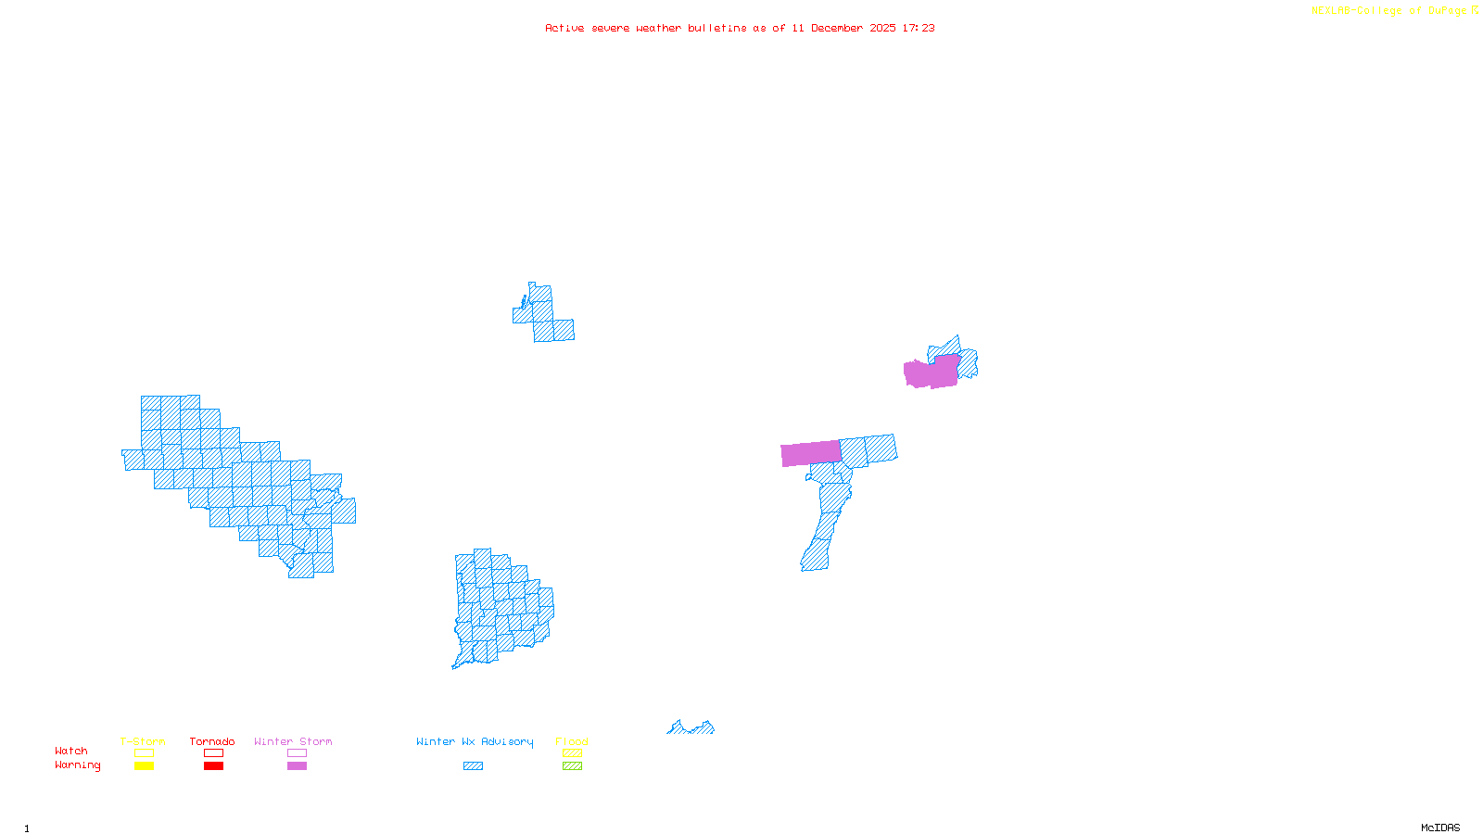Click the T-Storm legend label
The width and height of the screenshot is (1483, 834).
(x=143, y=741)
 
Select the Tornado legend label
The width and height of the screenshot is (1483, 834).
(x=212, y=741)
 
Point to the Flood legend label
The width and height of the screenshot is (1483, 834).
(x=572, y=741)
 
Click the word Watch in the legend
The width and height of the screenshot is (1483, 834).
(x=71, y=751)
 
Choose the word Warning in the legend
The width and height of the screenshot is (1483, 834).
(x=78, y=765)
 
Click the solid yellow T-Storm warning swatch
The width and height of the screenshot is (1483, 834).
(x=144, y=766)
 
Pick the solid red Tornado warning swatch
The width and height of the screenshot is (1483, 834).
(x=214, y=766)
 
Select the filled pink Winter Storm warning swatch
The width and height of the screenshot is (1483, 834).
(x=297, y=766)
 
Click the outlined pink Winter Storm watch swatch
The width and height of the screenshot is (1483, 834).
(x=297, y=753)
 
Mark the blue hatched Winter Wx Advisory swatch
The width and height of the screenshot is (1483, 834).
(x=473, y=766)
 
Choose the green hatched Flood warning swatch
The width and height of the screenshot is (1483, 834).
(x=573, y=766)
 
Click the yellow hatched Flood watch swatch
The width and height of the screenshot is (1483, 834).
(x=573, y=753)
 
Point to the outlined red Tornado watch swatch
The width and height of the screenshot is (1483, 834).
(x=214, y=753)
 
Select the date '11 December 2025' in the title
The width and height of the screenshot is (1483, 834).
(x=843, y=28)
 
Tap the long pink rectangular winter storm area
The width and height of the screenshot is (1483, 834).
(x=811, y=453)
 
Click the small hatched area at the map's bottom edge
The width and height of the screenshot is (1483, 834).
(x=691, y=728)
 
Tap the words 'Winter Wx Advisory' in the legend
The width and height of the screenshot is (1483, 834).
(x=475, y=741)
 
